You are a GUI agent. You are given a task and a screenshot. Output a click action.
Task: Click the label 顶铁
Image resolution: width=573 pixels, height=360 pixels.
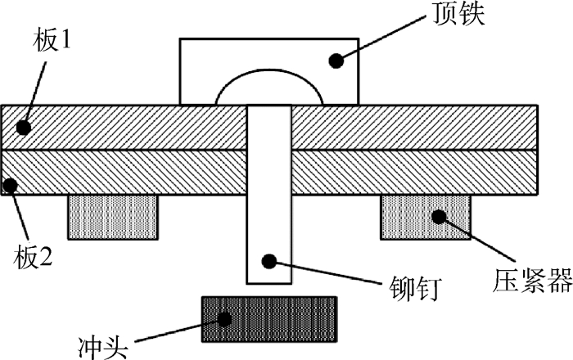point(458,14)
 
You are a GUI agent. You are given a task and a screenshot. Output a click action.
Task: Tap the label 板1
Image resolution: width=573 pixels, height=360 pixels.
point(51,40)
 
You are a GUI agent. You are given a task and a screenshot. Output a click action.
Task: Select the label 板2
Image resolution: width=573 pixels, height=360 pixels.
point(33,258)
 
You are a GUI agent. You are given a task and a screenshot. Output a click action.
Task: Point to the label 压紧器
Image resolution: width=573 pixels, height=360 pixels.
point(532,281)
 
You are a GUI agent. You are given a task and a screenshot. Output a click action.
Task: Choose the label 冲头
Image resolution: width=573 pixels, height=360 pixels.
point(103,347)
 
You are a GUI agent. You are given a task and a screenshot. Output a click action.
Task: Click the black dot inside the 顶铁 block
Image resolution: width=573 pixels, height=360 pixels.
point(336,61)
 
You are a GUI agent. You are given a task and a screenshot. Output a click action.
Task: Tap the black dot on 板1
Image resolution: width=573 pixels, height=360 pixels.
point(24,128)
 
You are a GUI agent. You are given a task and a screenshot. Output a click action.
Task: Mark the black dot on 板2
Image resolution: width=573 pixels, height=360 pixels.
point(10,186)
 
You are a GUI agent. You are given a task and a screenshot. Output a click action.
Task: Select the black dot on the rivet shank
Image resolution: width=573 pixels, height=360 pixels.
point(269,261)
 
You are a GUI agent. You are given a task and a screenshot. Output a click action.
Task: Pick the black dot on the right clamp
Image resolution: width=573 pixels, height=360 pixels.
point(439,217)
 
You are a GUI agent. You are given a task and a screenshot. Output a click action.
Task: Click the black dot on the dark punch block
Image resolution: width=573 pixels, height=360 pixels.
point(224,319)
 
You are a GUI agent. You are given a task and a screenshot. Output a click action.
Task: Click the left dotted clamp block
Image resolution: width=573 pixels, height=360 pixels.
point(113,218)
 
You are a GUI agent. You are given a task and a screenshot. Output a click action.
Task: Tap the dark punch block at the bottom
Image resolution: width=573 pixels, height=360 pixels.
point(269,319)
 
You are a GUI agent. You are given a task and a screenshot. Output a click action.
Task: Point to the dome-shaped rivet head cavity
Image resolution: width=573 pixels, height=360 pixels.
point(269,70)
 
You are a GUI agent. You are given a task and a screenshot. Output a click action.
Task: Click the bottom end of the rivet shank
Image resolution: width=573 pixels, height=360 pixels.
point(269,283)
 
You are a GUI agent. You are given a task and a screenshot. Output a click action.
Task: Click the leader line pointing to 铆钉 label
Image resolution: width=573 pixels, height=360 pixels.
point(327,272)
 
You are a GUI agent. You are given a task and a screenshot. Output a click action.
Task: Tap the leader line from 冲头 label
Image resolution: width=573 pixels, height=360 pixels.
point(180,331)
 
